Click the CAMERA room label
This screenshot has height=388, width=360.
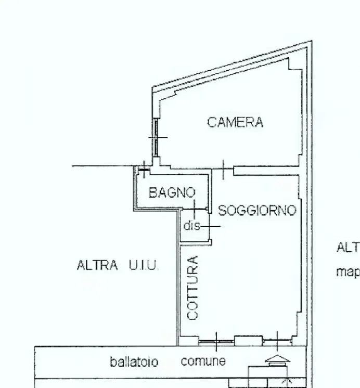[x=235, y=123]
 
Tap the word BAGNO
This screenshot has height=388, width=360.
[x=172, y=192]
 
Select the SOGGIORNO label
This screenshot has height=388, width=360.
[x=257, y=211]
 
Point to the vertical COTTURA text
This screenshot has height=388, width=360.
[x=192, y=288]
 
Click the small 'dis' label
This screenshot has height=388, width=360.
[x=190, y=226]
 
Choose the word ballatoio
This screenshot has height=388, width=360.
[x=134, y=361]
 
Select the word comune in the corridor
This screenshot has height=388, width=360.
[x=203, y=361]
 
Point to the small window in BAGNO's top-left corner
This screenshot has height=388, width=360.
[x=143, y=169]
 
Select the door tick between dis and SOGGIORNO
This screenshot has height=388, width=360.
[x=210, y=226]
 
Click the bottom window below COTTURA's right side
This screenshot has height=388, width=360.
[x=216, y=342]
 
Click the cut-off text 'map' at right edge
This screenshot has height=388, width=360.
[x=348, y=271]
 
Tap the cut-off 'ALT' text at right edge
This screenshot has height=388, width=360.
[x=348, y=247]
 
